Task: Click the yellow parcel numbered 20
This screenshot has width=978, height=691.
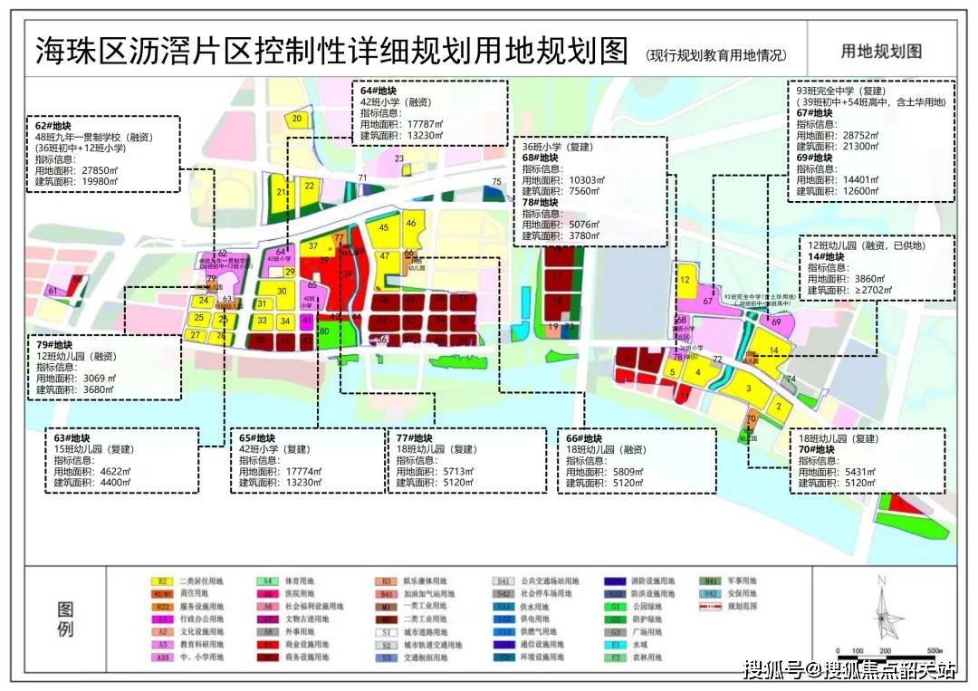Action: [297, 119]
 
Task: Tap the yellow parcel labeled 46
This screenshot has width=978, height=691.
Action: [410, 224]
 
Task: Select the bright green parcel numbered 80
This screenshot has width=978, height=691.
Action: [324, 332]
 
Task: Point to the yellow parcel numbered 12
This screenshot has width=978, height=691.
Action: [686, 281]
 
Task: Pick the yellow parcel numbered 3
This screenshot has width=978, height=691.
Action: [748, 389]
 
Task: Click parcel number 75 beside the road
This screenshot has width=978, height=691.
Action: [495, 183]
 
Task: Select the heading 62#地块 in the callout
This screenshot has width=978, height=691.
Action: [53, 124]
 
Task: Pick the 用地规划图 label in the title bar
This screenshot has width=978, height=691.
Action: [881, 51]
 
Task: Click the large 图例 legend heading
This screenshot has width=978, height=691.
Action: [64, 619]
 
